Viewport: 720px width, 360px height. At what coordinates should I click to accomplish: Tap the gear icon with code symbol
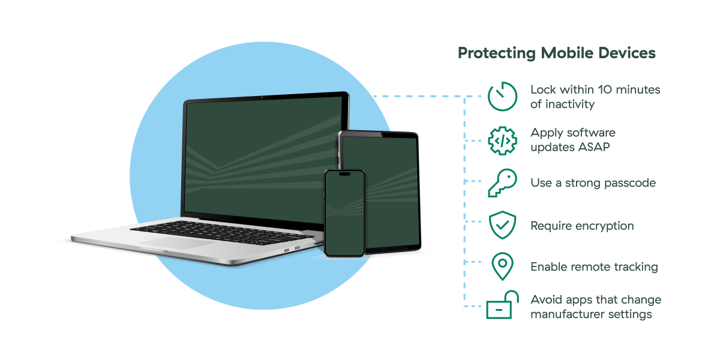coord(502,140)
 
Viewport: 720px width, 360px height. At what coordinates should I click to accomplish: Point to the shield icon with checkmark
coord(502,225)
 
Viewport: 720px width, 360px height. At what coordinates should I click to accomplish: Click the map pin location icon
coord(502,266)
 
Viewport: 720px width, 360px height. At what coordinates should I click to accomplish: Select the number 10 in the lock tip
coord(606,90)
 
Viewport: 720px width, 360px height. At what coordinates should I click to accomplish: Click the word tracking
coord(634,267)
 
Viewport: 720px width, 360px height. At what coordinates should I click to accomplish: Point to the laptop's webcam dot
coord(262,97)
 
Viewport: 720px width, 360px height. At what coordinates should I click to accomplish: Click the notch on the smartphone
coord(344,174)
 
